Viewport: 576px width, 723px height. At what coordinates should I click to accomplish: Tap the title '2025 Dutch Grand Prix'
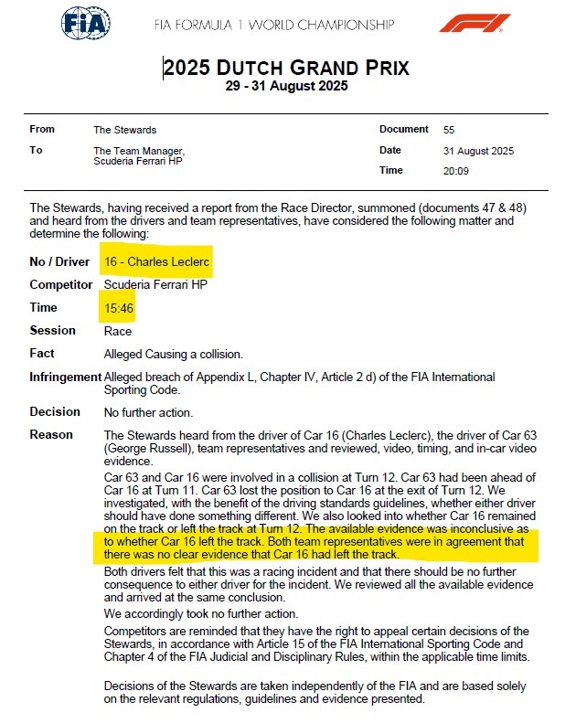286,68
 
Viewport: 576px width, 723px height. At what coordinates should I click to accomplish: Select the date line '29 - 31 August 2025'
286,87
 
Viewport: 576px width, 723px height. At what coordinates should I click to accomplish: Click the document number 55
449,130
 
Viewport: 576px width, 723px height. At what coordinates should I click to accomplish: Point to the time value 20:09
455,170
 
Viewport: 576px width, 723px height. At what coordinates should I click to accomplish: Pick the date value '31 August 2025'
478,151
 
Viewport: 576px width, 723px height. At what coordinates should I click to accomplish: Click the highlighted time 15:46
119,308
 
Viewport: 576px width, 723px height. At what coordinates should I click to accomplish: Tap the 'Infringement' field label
65,377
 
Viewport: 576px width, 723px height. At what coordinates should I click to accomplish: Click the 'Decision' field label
55,411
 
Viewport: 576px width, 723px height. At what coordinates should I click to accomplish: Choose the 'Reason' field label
51,434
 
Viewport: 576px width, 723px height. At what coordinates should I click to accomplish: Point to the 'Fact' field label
42,354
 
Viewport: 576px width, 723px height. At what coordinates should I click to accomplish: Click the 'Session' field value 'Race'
118,331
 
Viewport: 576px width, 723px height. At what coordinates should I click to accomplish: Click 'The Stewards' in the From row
124,130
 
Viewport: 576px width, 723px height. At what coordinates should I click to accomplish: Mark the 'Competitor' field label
61,285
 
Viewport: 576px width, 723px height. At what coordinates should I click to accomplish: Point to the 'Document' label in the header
403,130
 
